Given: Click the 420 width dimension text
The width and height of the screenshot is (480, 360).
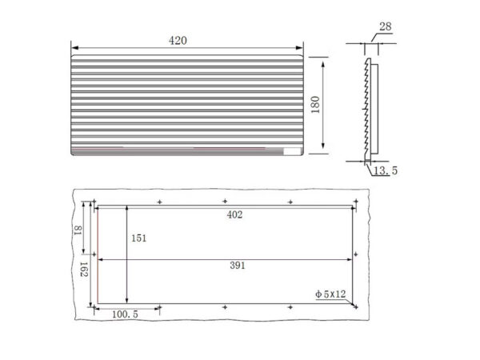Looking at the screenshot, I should tap(178, 41).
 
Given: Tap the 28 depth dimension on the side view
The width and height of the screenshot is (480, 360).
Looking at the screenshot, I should tap(385, 27).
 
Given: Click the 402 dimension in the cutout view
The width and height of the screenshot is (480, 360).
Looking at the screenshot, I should tap(234, 214).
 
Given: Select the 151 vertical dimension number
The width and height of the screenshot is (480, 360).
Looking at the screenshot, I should tap(138, 238).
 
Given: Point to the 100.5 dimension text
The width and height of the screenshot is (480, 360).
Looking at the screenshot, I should tap(124, 315).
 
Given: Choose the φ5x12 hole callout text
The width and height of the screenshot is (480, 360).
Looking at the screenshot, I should tap(330, 294).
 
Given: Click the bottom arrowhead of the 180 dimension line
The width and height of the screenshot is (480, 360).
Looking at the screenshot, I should tap(322, 151).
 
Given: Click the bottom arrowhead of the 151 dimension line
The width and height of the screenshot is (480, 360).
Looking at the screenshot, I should tap(128, 301).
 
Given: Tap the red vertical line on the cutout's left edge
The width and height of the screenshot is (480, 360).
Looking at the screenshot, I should tap(96, 256).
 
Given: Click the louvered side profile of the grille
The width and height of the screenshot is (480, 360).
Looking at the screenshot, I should tap(369, 108).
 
